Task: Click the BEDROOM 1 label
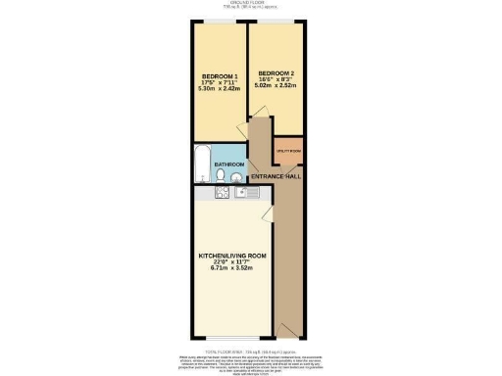click(x=219, y=75)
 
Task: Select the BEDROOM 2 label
click(x=276, y=73)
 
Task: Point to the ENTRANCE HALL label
click(x=276, y=176)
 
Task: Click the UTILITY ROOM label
click(x=288, y=150)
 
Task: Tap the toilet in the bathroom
click(x=224, y=176)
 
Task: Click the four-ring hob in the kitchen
click(x=222, y=193)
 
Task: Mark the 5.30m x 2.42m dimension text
click(x=219, y=91)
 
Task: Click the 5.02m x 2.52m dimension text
click(x=276, y=86)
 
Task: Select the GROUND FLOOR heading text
click(x=250, y=3)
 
